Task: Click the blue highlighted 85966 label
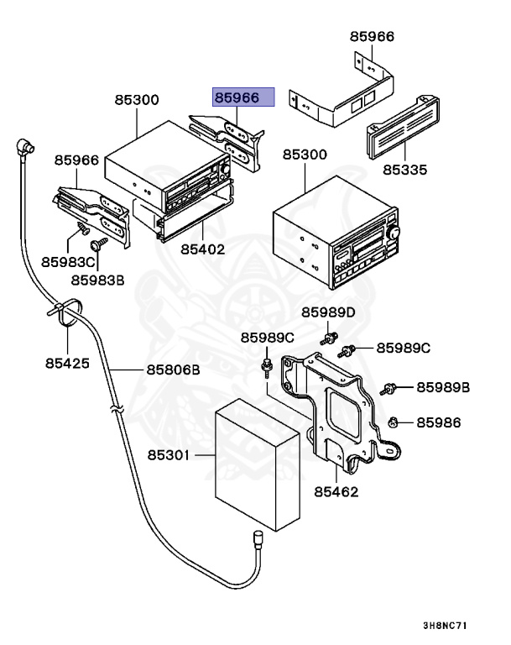point(243,97)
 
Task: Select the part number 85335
point(405,170)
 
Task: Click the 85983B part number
point(97,280)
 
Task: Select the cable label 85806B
point(174,369)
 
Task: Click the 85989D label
point(329,312)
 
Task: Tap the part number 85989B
point(443,387)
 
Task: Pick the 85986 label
point(439,422)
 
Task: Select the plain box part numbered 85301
point(258,458)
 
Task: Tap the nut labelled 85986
point(393,422)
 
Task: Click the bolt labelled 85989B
point(388,389)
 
